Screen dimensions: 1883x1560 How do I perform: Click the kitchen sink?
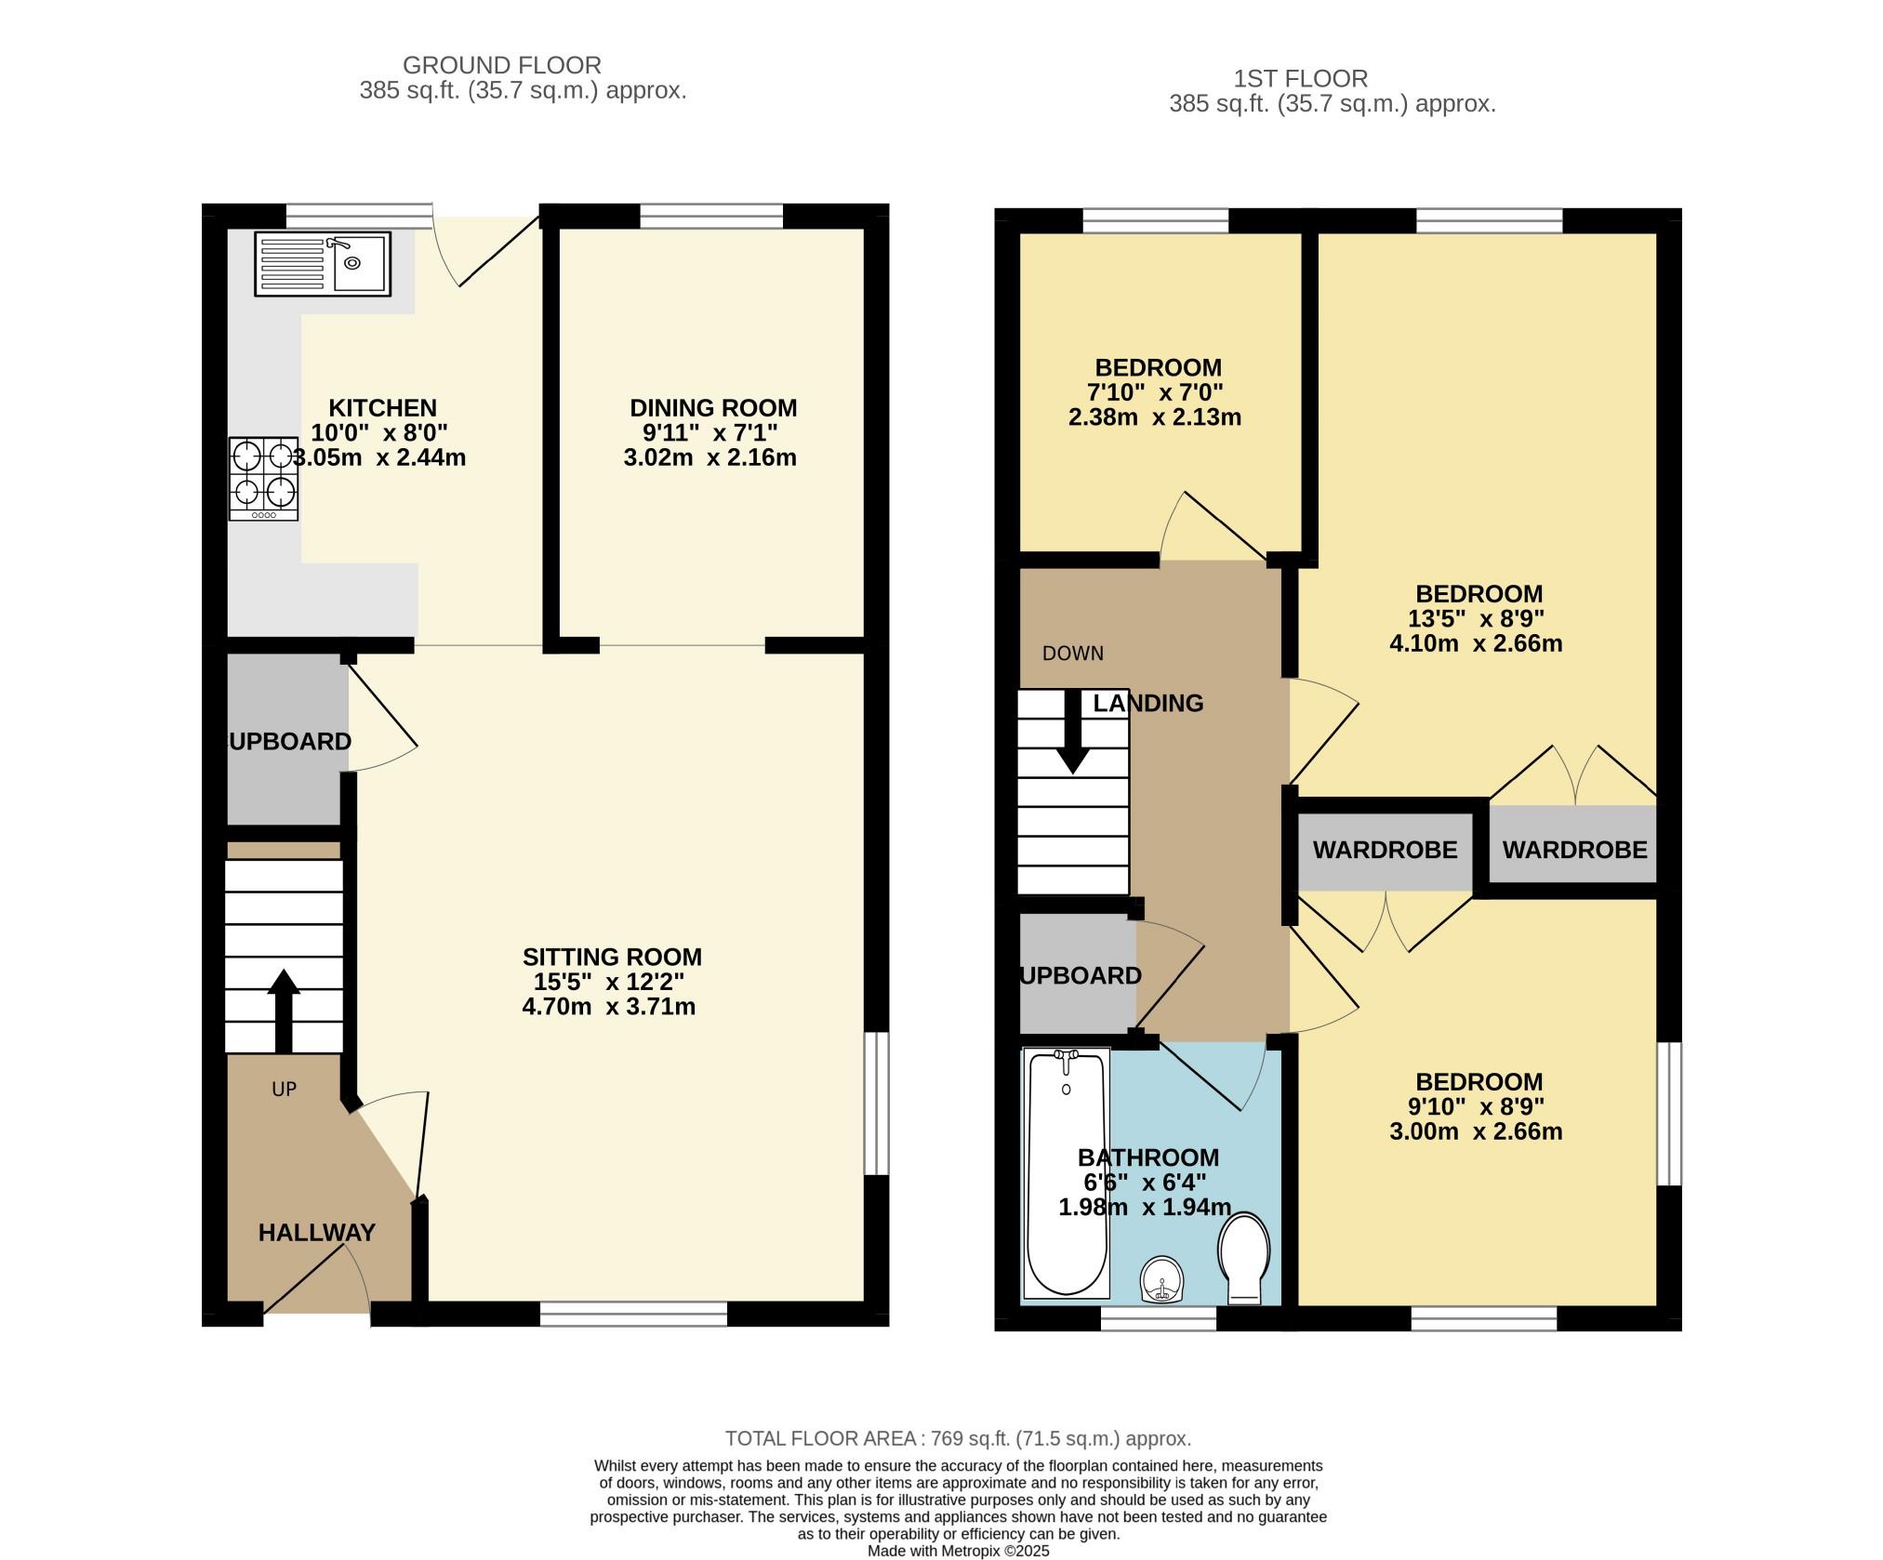click(323, 264)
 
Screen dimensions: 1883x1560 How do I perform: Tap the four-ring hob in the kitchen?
click(264, 479)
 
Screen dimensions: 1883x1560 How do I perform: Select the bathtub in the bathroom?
click(1067, 1173)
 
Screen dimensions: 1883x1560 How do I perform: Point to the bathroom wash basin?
click(1162, 1280)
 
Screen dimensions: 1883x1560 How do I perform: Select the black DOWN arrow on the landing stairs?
click(1074, 732)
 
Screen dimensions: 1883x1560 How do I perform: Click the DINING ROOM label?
click(713, 408)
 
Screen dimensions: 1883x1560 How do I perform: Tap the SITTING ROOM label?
click(612, 957)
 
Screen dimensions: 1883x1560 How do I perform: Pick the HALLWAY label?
click(317, 1233)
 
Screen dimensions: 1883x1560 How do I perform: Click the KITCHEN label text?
click(383, 408)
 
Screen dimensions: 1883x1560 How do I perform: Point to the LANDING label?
click(1148, 704)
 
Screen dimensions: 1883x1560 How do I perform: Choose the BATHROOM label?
click(1148, 1157)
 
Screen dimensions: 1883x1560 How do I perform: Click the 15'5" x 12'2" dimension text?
click(609, 982)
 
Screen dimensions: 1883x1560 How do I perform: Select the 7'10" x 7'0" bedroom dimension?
click(1155, 392)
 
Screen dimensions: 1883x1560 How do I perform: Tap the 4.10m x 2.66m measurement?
click(1476, 643)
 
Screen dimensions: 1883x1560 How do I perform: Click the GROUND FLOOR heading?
click(502, 65)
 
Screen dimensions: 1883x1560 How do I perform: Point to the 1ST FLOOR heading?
click(1301, 78)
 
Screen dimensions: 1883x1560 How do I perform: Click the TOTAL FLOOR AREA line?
click(958, 1438)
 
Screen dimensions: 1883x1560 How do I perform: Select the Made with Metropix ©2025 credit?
click(959, 1552)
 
